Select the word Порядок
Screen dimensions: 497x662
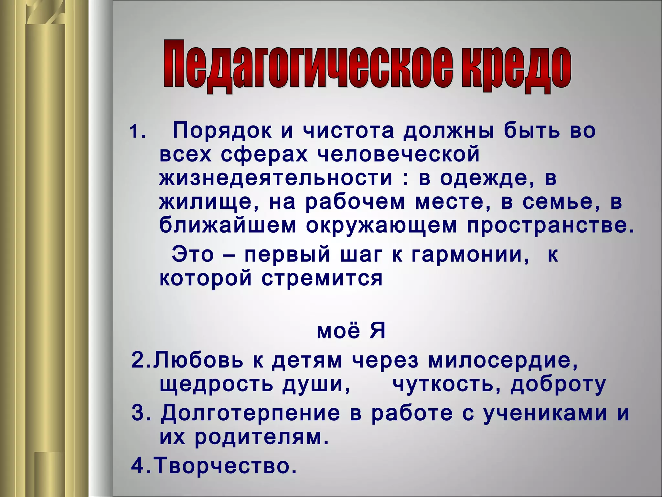tap(222, 131)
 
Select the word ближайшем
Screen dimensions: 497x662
tap(228, 226)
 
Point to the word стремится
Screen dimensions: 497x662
tap(322, 278)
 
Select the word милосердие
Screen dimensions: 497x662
tap(503, 361)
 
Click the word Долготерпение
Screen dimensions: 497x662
tap(251, 414)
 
